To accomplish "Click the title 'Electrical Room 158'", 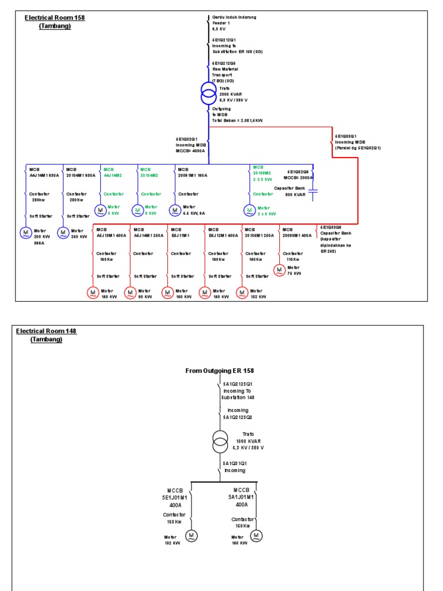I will tap(54, 18).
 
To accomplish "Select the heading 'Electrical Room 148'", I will tap(46, 331).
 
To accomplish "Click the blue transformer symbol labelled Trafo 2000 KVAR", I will tap(208, 93).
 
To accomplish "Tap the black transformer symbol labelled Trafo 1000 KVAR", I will tap(220, 442).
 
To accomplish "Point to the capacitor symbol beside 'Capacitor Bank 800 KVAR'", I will tap(313, 194).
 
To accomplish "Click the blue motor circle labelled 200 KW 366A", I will tap(25, 233).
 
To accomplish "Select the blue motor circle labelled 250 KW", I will tap(63, 233).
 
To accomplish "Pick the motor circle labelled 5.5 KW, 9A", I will tap(175, 210).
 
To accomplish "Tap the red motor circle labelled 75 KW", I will tap(279, 270).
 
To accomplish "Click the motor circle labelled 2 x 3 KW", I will tap(249, 210).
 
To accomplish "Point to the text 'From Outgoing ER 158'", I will tap(219, 371).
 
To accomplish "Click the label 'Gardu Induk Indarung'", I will tap(234, 17).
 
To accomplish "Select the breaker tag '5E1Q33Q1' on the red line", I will tap(346, 137).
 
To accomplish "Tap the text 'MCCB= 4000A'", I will tap(191, 149).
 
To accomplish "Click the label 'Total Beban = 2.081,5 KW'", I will tap(237, 120).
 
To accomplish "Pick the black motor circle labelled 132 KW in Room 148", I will tap(190, 536).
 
